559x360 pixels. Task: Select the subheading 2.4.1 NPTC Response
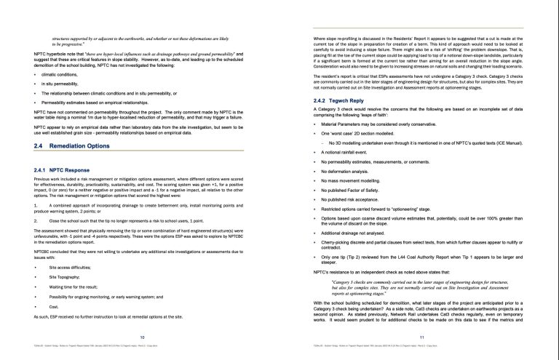pyautogui.click(x=60, y=169)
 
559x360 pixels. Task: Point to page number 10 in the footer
pyautogui.click(x=142, y=337)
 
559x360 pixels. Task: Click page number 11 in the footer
pyautogui.click(x=422, y=337)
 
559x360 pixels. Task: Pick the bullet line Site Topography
pyautogui.click(x=64, y=278)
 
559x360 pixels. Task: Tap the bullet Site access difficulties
pyautogui.click(x=71, y=268)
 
